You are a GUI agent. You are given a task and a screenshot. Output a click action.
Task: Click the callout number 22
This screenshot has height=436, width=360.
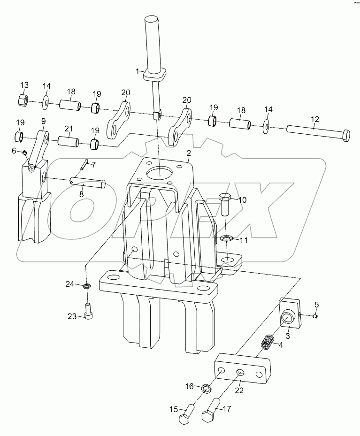click(239, 390)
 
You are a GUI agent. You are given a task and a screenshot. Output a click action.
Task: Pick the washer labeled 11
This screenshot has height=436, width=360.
click(227, 238)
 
